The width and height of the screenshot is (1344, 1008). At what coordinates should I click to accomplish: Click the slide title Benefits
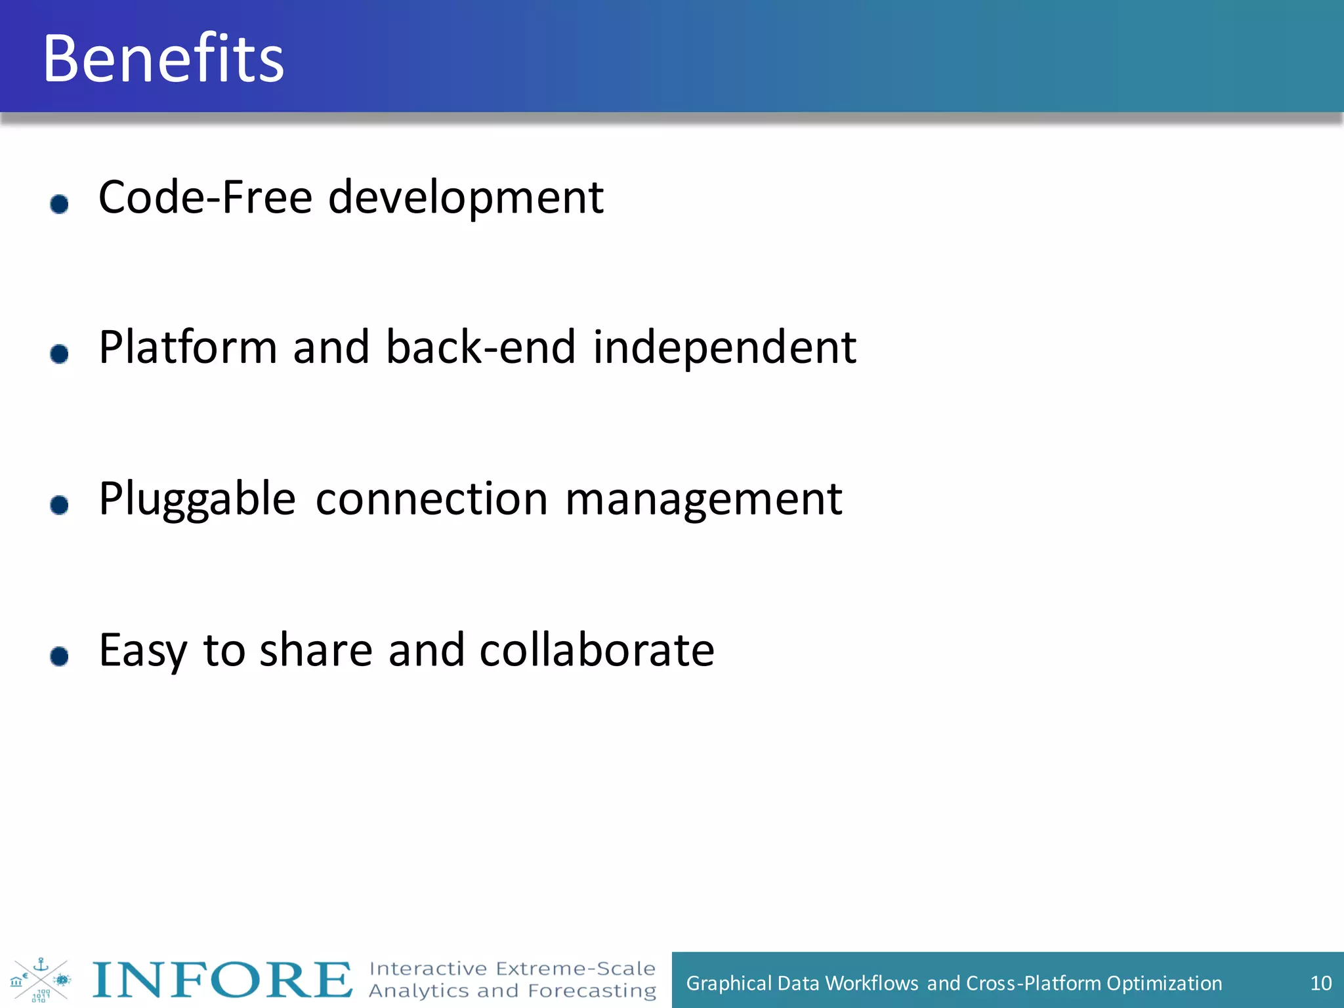coord(163,58)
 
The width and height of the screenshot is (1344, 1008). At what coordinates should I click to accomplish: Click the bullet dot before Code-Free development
coord(60,204)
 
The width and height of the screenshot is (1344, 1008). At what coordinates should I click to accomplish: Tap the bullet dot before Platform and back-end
coord(60,354)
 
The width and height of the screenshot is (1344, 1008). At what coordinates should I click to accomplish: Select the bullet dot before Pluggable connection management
coord(60,505)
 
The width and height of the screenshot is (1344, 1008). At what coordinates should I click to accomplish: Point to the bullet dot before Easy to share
coord(60,656)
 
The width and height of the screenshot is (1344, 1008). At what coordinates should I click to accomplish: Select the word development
coord(465,198)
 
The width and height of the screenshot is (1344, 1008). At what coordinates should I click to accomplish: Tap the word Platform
coord(188,347)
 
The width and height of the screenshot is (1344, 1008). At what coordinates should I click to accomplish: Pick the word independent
coord(724,348)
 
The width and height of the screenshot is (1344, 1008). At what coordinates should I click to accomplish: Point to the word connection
coord(431,499)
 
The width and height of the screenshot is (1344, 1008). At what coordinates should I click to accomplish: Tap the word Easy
coord(143,651)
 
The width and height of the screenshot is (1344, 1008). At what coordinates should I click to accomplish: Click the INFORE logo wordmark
coord(222,980)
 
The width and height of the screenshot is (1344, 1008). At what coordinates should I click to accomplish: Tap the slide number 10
coord(1320,982)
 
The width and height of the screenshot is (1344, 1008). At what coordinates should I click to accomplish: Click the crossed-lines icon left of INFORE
coord(41,980)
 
